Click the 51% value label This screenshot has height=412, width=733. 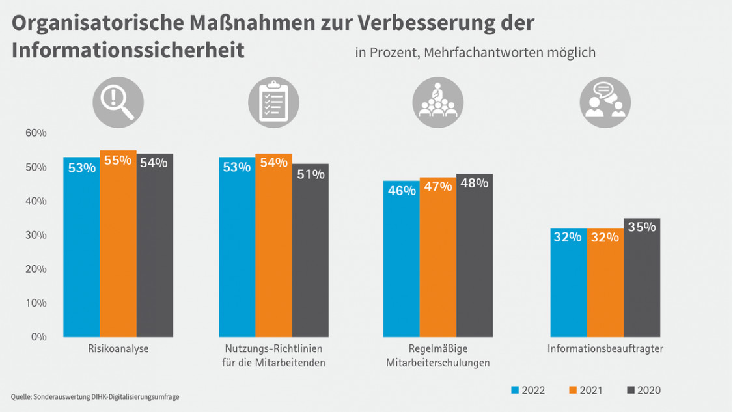[311, 174]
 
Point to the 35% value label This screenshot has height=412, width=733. [642, 227]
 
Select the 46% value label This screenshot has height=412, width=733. [401, 191]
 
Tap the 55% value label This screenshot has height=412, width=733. [118, 160]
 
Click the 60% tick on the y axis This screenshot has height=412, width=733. [36, 133]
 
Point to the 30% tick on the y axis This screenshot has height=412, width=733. [36, 235]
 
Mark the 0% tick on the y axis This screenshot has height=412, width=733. [38, 336]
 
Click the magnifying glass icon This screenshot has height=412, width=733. [118, 102]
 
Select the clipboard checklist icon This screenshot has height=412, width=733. [273, 102]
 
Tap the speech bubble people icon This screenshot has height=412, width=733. [605, 102]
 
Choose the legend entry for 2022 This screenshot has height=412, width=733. [528, 391]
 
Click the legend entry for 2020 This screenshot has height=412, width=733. [643, 391]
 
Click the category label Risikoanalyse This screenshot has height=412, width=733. [118, 349]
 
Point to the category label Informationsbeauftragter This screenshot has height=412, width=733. [605, 349]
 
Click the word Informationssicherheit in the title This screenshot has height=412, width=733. [128, 51]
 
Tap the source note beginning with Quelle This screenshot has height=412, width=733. [95, 396]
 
